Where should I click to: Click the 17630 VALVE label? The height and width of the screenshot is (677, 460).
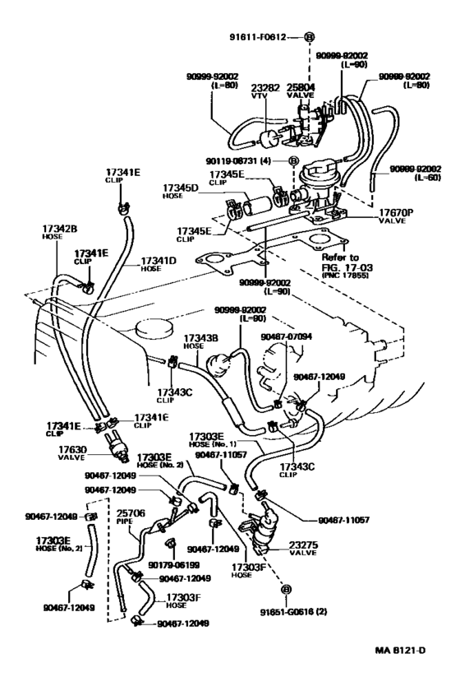click(72, 452)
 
